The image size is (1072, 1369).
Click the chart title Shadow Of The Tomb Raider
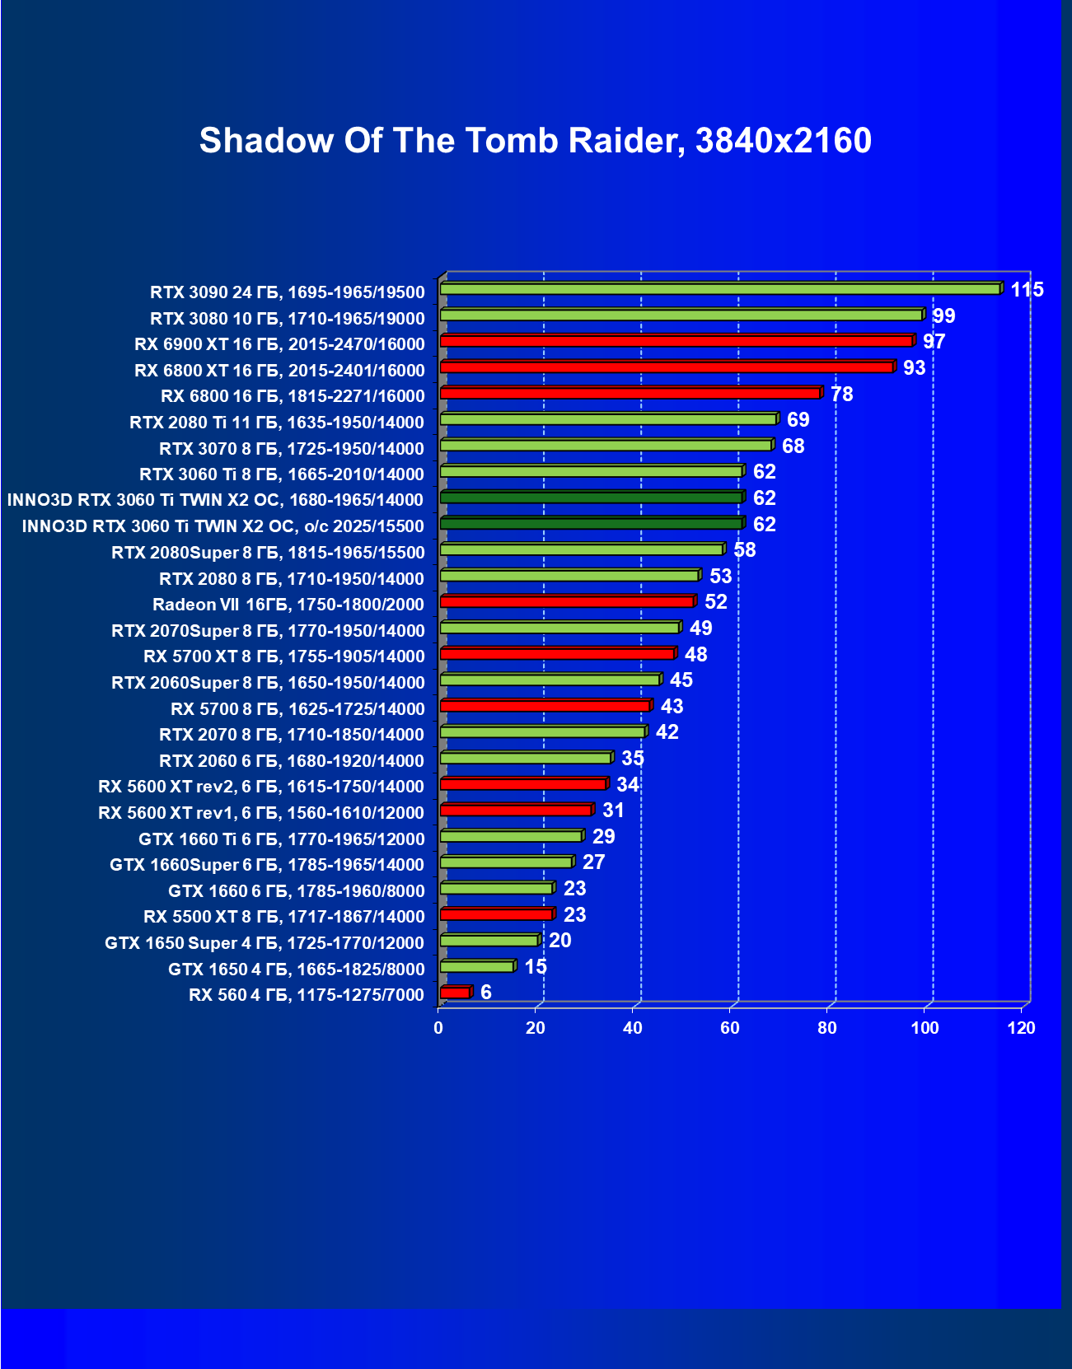click(x=535, y=141)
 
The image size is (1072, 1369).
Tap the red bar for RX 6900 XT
click(x=676, y=341)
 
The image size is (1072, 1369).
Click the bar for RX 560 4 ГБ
click(x=455, y=993)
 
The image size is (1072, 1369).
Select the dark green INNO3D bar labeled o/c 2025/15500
click(x=591, y=524)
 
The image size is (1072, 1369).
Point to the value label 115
click(x=1027, y=290)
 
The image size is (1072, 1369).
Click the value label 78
click(x=841, y=394)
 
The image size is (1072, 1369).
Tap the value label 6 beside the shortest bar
click(x=486, y=993)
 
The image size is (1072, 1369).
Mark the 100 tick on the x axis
click(x=924, y=1028)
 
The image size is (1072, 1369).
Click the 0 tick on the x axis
click(x=438, y=1028)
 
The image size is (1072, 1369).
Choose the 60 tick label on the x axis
click(x=729, y=1028)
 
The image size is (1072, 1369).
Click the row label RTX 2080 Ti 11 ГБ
click(x=277, y=423)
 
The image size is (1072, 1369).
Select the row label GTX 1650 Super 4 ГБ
click(x=264, y=943)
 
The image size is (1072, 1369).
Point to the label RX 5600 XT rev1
click(x=261, y=813)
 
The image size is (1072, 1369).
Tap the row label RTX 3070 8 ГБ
click(x=292, y=449)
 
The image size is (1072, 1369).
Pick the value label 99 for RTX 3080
click(x=943, y=316)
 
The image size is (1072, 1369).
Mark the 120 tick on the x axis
click(x=1022, y=1028)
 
